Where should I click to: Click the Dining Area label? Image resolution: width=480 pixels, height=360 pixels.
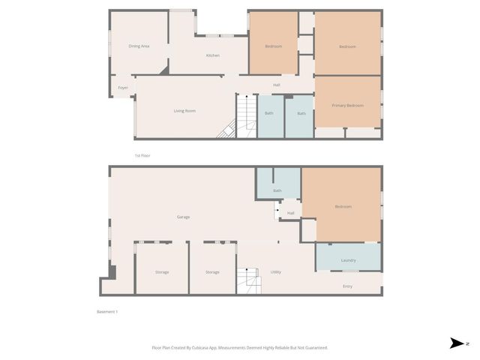coord(139,46)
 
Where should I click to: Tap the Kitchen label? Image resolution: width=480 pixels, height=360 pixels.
coord(213,55)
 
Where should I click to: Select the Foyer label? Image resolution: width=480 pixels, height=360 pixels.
coord(122,88)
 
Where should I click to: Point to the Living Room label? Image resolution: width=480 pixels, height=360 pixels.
coord(184,111)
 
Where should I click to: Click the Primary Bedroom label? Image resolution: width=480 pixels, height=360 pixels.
coord(347,106)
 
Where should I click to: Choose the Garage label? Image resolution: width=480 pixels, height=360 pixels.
coord(183,217)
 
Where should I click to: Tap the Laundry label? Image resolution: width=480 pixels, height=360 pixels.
coord(348,260)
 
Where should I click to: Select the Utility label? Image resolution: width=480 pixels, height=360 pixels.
coord(275,271)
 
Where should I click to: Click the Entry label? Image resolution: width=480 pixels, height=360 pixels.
coord(347,286)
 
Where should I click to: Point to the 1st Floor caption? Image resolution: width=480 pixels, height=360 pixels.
coord(142,155)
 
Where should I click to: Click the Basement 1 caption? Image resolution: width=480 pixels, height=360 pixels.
coord(107,311)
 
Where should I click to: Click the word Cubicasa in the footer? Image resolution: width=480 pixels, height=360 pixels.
coord(199,347)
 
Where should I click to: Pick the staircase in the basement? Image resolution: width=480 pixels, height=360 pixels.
coord(246,280)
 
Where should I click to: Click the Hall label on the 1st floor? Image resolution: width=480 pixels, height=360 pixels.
coord(277,85)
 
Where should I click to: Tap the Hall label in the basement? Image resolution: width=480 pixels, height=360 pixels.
coord(290,213)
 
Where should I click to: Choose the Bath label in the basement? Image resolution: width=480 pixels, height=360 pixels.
coord(277,190)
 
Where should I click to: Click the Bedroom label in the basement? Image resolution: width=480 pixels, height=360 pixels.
coord(343,206)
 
